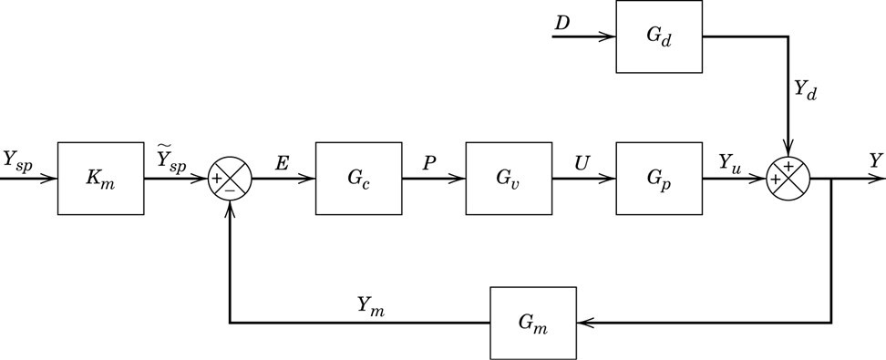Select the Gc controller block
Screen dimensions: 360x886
pos(358,178)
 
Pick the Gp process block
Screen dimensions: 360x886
pos(657,178)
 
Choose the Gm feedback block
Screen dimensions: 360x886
pos(533,323)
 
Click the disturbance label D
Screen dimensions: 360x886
pos(562,19)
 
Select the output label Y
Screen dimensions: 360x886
pos(875,159)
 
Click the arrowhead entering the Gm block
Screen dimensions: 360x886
pos(584,323)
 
